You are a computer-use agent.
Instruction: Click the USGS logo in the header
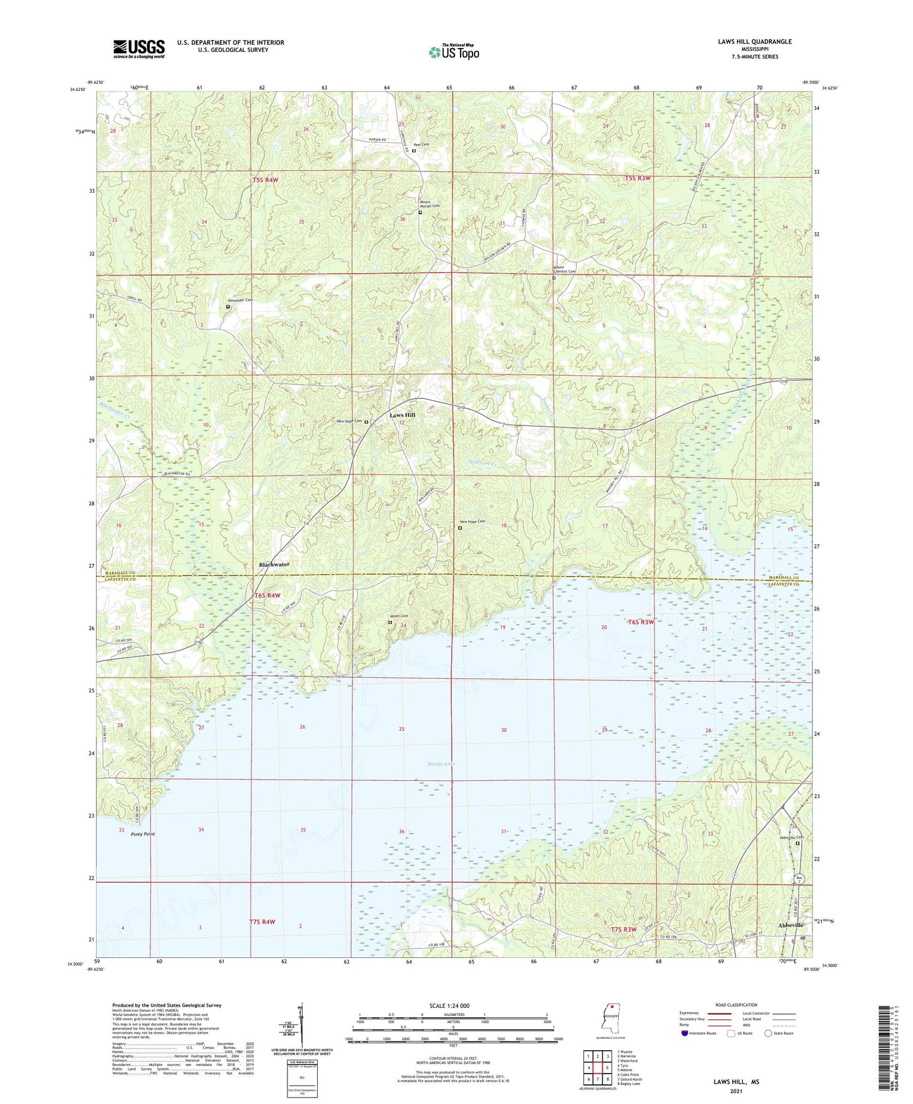138,49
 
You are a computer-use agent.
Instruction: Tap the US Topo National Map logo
454,52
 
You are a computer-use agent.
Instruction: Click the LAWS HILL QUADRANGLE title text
754,42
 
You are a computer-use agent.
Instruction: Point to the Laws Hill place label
402,415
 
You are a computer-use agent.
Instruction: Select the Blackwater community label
274,564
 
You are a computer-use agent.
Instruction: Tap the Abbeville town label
790,925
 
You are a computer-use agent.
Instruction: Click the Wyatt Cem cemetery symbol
390,622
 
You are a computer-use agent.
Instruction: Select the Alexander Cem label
240,300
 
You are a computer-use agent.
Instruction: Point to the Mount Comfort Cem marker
554,278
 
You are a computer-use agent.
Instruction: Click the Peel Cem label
421,144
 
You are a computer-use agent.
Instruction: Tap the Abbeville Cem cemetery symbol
797,843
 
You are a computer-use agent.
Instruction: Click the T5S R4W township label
265,180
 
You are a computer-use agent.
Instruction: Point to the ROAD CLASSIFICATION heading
736,1005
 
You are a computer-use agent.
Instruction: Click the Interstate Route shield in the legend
685,1033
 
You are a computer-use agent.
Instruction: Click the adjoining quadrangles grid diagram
597,1069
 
